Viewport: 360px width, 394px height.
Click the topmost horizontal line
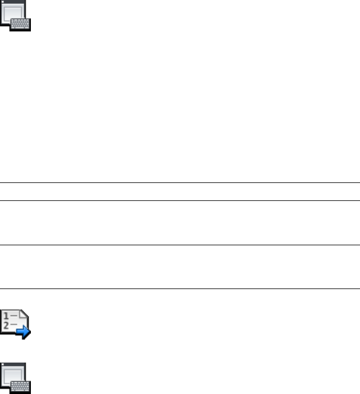pos(180,182)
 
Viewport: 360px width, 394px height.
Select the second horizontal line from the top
pos(180,200)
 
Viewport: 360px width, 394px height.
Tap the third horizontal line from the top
pos(180,245)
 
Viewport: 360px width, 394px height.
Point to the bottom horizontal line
pos(180,288)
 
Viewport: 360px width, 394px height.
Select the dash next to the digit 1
pos(13,315)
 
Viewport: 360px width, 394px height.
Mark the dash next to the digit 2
pos(13,324)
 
